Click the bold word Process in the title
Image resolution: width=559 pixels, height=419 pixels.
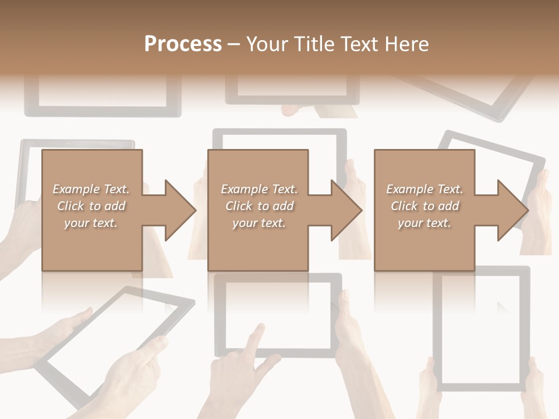point(183,44)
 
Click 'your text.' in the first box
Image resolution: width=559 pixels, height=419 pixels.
point(91,222)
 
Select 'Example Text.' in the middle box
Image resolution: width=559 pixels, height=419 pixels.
point(259,189)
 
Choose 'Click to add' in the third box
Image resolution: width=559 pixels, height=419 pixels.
point(425,206)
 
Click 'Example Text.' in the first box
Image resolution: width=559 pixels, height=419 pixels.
point(91,189)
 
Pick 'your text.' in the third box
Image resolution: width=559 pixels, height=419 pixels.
point(425,222)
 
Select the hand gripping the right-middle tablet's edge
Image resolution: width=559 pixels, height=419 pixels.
point(539,204)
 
